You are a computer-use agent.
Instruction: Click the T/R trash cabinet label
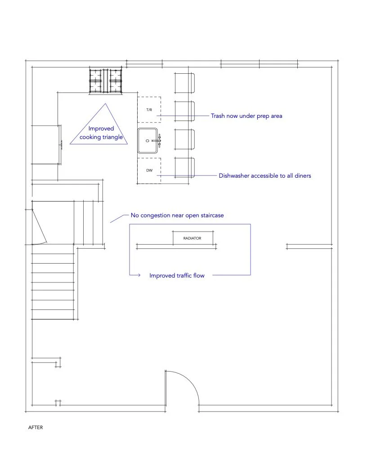pos(149,110)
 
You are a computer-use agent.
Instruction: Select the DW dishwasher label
pos(149,171)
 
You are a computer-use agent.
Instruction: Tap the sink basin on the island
pos(148,140)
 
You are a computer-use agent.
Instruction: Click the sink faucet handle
pos(159,141)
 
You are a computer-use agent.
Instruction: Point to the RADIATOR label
pos(192,238)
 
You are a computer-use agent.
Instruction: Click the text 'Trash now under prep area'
pos(246,116)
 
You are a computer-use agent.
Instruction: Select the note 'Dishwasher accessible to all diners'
pos(264,175)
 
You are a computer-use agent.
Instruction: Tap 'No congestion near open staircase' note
pos(177,215)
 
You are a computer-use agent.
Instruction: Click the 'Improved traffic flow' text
pos(177,275)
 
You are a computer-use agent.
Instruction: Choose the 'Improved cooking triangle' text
pos(101,133)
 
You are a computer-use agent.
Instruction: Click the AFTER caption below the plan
pos(36,427)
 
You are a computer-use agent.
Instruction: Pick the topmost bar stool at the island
pos(185,83)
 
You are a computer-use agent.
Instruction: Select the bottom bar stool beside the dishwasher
pos(185,167)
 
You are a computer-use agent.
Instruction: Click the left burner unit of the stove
pos(96,81)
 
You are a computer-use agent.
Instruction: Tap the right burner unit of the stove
pos(116,81)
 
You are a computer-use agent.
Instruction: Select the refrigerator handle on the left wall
pos(62,144)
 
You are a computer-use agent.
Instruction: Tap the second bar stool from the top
pos(185,111)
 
